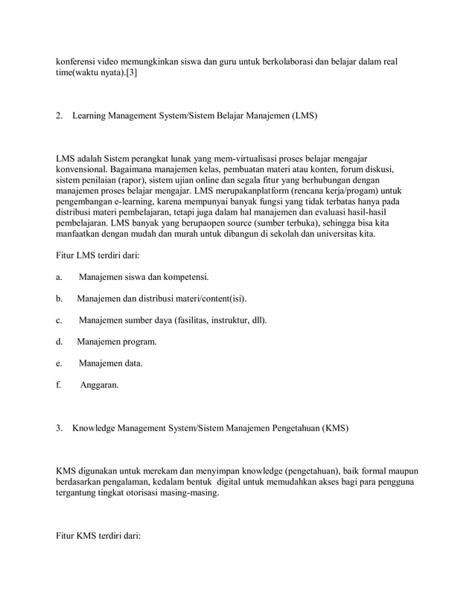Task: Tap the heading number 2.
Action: [60, 116]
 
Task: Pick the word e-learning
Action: [140, 201]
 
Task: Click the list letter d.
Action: [59, 342]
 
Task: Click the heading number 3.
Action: [60, 428]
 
